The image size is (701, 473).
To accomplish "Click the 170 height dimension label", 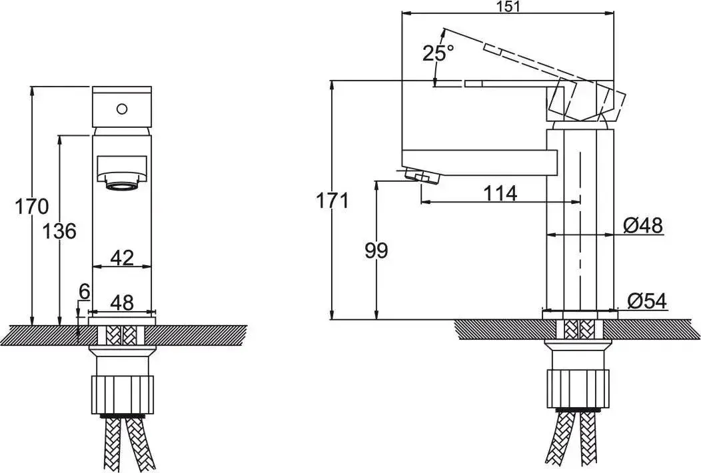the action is point(31,207).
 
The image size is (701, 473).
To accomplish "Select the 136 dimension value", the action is point(59,232).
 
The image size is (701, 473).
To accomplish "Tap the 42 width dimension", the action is point(121,258).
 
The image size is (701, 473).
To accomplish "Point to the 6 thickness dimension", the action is point(85,292).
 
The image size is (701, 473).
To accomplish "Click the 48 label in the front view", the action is point(121,302).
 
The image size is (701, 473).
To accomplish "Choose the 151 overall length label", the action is point(508,7).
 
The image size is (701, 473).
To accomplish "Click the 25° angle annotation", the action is point(438,53).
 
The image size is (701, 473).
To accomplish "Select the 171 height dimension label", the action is point(332,201).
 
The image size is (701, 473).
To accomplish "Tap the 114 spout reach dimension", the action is point(500,194).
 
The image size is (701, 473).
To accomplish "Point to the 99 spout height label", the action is point(376,250).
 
